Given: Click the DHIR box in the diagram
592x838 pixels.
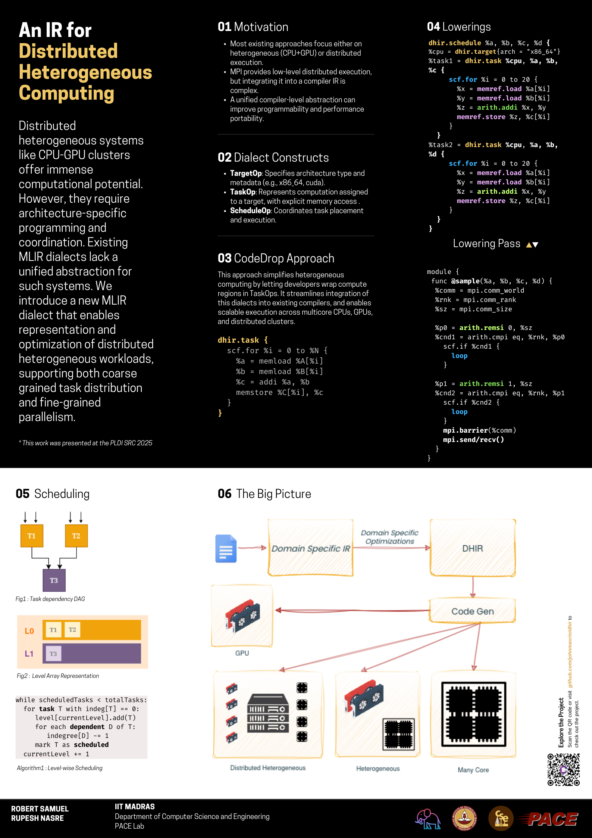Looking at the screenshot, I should (473, 548).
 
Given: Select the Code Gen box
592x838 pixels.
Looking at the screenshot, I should (472, 611).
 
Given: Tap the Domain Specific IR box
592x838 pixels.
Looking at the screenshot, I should (310, 548).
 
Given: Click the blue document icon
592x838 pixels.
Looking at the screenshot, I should (226, 548).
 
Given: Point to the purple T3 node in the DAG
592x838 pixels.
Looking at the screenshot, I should (54, 580).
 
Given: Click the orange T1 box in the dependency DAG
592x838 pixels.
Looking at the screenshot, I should (32, 536).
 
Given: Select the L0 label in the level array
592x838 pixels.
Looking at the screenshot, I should (29, 631).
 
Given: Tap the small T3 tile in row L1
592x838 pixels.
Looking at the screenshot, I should (53, 654).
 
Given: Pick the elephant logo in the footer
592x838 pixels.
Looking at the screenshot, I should (428, 819).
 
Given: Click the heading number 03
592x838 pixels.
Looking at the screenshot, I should (225, 258).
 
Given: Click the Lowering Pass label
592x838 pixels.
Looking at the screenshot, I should (486, 244).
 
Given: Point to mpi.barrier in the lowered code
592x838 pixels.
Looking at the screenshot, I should (465, 430).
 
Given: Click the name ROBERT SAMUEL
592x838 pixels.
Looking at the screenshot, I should (40, 809).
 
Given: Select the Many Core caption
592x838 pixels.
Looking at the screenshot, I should (473, 770).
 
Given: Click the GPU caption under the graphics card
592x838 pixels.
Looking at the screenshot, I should (242, 653).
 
